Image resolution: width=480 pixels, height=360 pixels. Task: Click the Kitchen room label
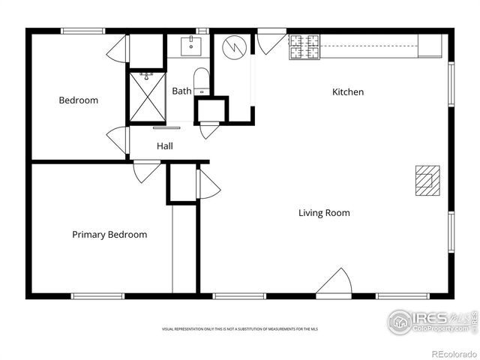(x=348, y=92)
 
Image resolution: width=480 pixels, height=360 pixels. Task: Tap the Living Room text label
(x=324, y=213)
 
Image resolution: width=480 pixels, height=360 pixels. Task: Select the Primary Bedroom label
(x=109, y=235)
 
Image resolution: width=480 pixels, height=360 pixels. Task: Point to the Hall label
(x=165, y=146)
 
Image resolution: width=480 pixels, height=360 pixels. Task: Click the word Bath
(x=181, y=91)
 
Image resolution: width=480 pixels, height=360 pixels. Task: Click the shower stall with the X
(x=146, y=96)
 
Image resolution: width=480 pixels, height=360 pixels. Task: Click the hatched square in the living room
(x=428, y=180)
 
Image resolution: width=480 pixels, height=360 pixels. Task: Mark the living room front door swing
(x=334, y=282)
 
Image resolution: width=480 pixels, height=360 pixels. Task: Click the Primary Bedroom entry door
(x=145, y=171)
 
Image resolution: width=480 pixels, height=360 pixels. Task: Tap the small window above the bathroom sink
(x=201, y=31)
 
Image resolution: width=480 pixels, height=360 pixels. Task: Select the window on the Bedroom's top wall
(x=82, y=31)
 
